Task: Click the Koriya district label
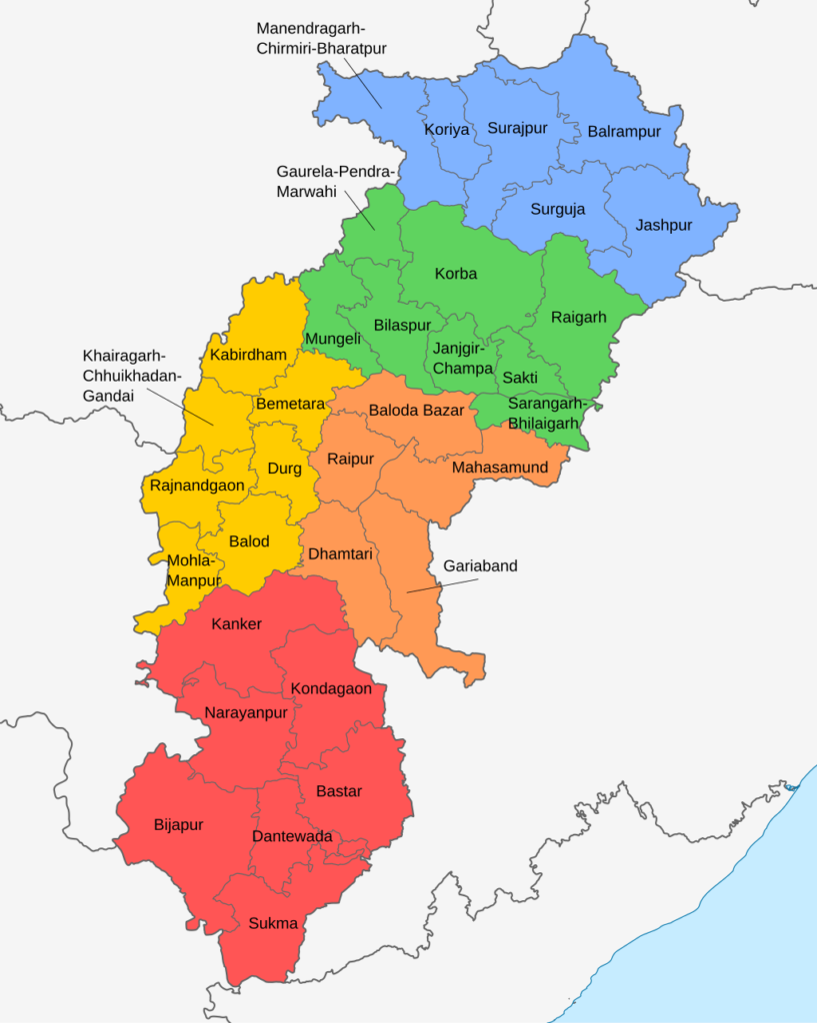tap(446, 130)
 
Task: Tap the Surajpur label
tap(512, 128)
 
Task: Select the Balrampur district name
tap(624, 132)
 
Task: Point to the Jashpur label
tap(663, 226)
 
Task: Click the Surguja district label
tap(557, 210)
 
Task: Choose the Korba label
tap(456, 274)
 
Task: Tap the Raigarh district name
tap(578, 318)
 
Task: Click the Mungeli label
tap(333, 339)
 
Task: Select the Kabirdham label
tap(248, 355)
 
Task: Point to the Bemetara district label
tap(290, 405)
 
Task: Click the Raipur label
tap(350, 460)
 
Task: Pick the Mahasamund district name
tap(500, 468)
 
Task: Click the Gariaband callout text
tap(480, 566)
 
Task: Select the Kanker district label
tap(237, 624)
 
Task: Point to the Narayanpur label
tap(246, 712)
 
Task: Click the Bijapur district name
tap(178, 825)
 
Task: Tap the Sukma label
tap(273, 924)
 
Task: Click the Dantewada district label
tap(292, 836)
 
